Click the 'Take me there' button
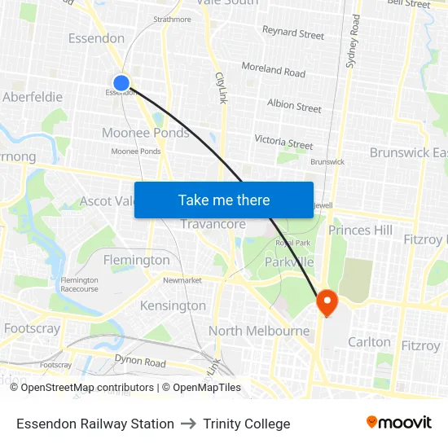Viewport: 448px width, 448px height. tap(223, 200)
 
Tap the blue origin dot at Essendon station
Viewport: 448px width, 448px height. tap(121, 82)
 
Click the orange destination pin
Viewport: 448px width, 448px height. tap(327, 302)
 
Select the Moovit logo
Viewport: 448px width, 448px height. tap(398, 423)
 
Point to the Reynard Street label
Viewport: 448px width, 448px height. tap(292, 33)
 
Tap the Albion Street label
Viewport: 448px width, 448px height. tap(294, 105)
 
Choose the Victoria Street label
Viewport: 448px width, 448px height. tap(283, 143)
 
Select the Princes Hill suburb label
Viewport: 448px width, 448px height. tap(360, 231)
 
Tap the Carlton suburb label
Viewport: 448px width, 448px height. tap(369, 342)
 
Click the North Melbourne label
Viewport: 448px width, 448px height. tap(259, 331)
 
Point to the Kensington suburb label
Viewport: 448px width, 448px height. tap(173, 305)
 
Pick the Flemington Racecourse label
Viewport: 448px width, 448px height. tap(79, 284)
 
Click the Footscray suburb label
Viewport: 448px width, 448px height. tap(32, 328)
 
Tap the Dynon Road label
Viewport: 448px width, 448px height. tap(139, 362)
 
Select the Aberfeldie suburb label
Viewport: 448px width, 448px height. tap(33, 97)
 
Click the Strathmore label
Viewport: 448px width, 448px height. tap(172, 19)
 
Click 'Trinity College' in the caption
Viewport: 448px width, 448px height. tap(247, 424)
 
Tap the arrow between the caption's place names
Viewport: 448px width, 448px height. tap(189, 424)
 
